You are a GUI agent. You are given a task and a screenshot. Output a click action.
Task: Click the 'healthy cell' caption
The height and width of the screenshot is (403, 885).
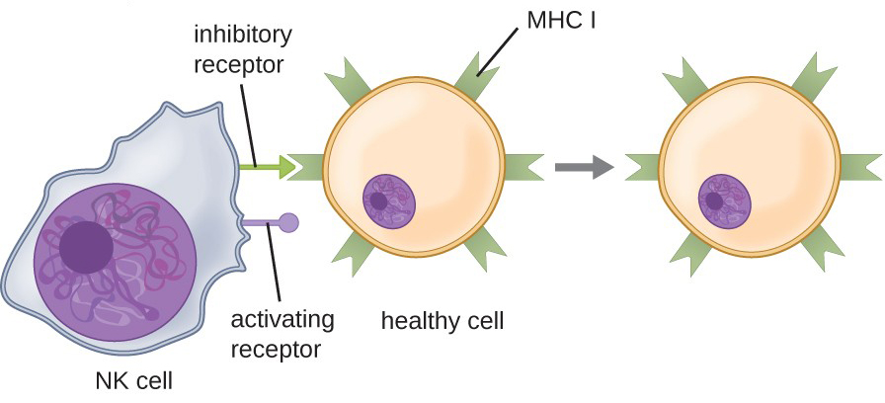tap(442, 321)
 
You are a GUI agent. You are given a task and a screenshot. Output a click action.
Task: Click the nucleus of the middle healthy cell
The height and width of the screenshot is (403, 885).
tap(389, 201)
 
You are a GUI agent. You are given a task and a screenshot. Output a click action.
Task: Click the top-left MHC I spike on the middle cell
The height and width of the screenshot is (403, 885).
tap(351, 79)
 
